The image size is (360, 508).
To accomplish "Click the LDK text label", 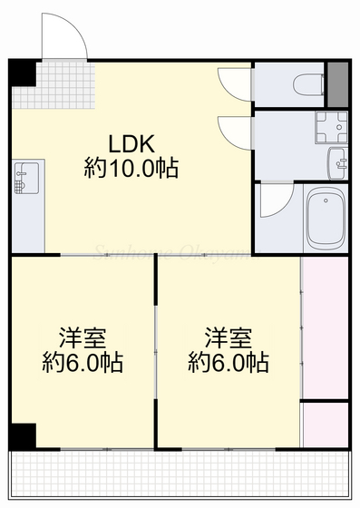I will point(133,143).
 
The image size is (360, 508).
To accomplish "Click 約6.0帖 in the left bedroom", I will point(83,363).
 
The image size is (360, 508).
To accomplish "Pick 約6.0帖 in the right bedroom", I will point(228,363).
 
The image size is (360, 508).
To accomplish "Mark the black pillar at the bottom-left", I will point(23,435).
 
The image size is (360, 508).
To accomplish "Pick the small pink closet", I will point(324,423).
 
